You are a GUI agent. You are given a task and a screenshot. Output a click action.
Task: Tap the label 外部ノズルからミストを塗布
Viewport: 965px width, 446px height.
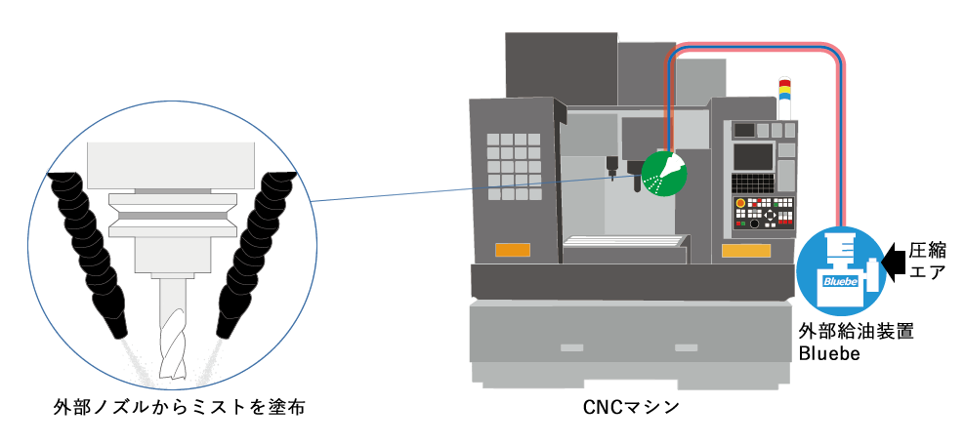click(180, 406)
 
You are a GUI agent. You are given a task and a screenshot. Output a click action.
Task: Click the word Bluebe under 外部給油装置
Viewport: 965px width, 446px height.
click(830, 353)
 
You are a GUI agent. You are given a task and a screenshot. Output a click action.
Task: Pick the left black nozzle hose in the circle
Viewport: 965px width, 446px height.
click(88, 244)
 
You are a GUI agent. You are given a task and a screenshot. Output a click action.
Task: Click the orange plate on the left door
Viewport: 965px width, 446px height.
click(512, 249)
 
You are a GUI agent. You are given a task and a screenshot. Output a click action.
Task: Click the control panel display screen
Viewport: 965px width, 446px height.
click(753, 155)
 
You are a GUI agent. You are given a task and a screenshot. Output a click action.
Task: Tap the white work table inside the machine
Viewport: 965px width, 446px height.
click(624, 242)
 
